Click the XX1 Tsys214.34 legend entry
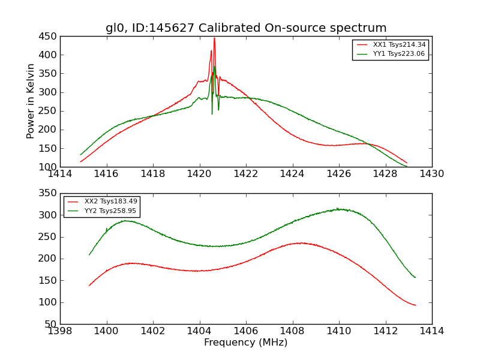[399, 45]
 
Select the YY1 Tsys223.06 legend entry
[399, 54]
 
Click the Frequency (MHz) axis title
[245, 343]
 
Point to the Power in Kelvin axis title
[31, 101]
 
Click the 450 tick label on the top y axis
[48, 36]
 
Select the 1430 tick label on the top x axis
[431, 174]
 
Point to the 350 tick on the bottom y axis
[48, 193]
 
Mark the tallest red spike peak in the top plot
[214, 38]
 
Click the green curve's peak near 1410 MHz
[338, 209]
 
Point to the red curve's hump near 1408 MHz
[300, 243]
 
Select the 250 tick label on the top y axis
[48, 111]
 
